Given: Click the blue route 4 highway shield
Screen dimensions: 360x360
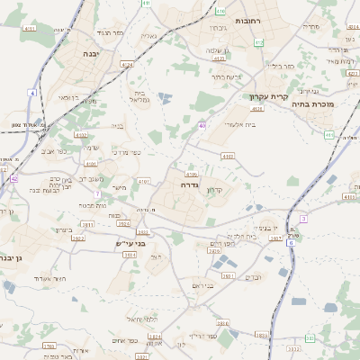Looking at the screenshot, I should coord(32,93).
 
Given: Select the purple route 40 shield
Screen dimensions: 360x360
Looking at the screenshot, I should coord(202,125).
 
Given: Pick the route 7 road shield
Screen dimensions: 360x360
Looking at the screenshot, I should coord(96,193).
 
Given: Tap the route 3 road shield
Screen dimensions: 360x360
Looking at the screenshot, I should coord(303,219).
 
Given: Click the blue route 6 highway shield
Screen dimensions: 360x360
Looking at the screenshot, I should coord(290,242).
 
